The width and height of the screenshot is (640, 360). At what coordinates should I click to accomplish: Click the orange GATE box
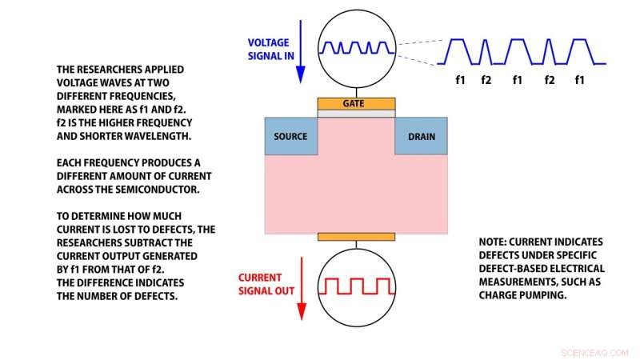coord(356,104)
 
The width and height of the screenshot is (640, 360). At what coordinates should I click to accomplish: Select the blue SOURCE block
coord(290,136)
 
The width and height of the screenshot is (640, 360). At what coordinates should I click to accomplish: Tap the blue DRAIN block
coord(422,136)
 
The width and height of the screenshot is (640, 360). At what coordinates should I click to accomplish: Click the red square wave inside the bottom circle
coord(356,286)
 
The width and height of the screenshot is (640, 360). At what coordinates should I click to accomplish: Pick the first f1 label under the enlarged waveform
coord(461,80)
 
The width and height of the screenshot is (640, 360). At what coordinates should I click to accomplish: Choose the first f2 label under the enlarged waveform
coord(486,80)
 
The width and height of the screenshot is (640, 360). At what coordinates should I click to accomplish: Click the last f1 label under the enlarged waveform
coord(580,80)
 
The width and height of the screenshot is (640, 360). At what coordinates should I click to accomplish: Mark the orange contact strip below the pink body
coord(356,237)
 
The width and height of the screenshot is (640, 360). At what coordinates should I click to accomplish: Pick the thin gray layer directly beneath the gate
coord(356,114)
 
